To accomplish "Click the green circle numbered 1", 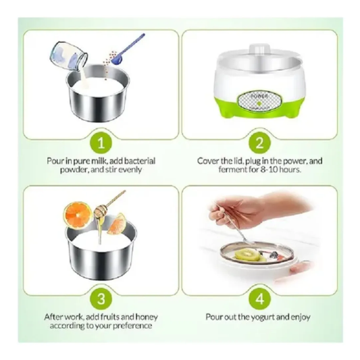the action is click(101, 143).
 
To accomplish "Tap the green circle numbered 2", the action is click(259, 143).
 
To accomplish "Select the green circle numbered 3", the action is click(101, 299).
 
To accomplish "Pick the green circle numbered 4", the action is click(259, 299).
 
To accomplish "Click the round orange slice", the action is click(77, 215).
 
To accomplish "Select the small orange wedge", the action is click(117, 224).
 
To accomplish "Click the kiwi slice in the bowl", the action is click(247, 255).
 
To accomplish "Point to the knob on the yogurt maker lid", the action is click(260, 49).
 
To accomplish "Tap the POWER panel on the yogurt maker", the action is click(259, 101).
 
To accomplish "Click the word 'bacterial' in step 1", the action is click(140, 161).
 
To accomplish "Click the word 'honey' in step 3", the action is click(147, 317).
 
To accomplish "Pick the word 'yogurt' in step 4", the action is click(262, 317).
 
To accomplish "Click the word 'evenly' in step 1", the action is click(131, 170).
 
